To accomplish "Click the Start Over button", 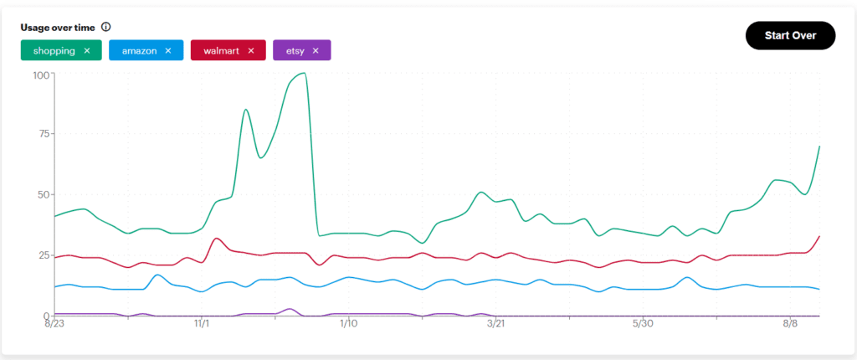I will point(790,35).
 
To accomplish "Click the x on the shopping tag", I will point(86,51).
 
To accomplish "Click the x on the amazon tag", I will point(167,51).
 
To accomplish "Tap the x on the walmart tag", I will point(250,51).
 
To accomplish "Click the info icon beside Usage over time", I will point(105,27).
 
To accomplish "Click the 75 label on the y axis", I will point(44,134).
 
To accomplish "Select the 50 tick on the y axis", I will point(44,194).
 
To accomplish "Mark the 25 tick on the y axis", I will point(44,255).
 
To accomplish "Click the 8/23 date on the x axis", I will point(54,323).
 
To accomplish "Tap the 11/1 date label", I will point(202,323).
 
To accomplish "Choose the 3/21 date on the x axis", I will point(495,323).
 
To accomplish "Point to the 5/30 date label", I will point(642,323).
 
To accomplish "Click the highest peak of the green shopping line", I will point(303,73).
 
